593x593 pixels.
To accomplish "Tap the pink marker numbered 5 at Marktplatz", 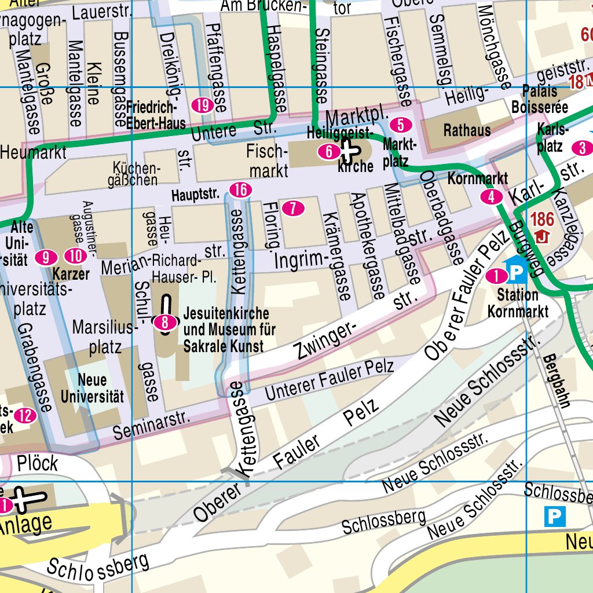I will (401, 125).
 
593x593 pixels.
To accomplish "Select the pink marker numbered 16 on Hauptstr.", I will (240, 189).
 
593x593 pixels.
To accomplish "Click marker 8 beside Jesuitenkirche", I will (165, 323).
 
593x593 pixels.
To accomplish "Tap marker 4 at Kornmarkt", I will (492, 197).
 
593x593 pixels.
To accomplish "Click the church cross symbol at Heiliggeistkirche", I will (349, 152).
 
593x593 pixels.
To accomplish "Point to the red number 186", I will (542, 219).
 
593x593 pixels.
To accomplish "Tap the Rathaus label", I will (467, 130).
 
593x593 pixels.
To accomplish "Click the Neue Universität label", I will (92, 388).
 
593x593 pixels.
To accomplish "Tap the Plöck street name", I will (38, 463).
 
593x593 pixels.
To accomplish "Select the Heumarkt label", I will (33, 153).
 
